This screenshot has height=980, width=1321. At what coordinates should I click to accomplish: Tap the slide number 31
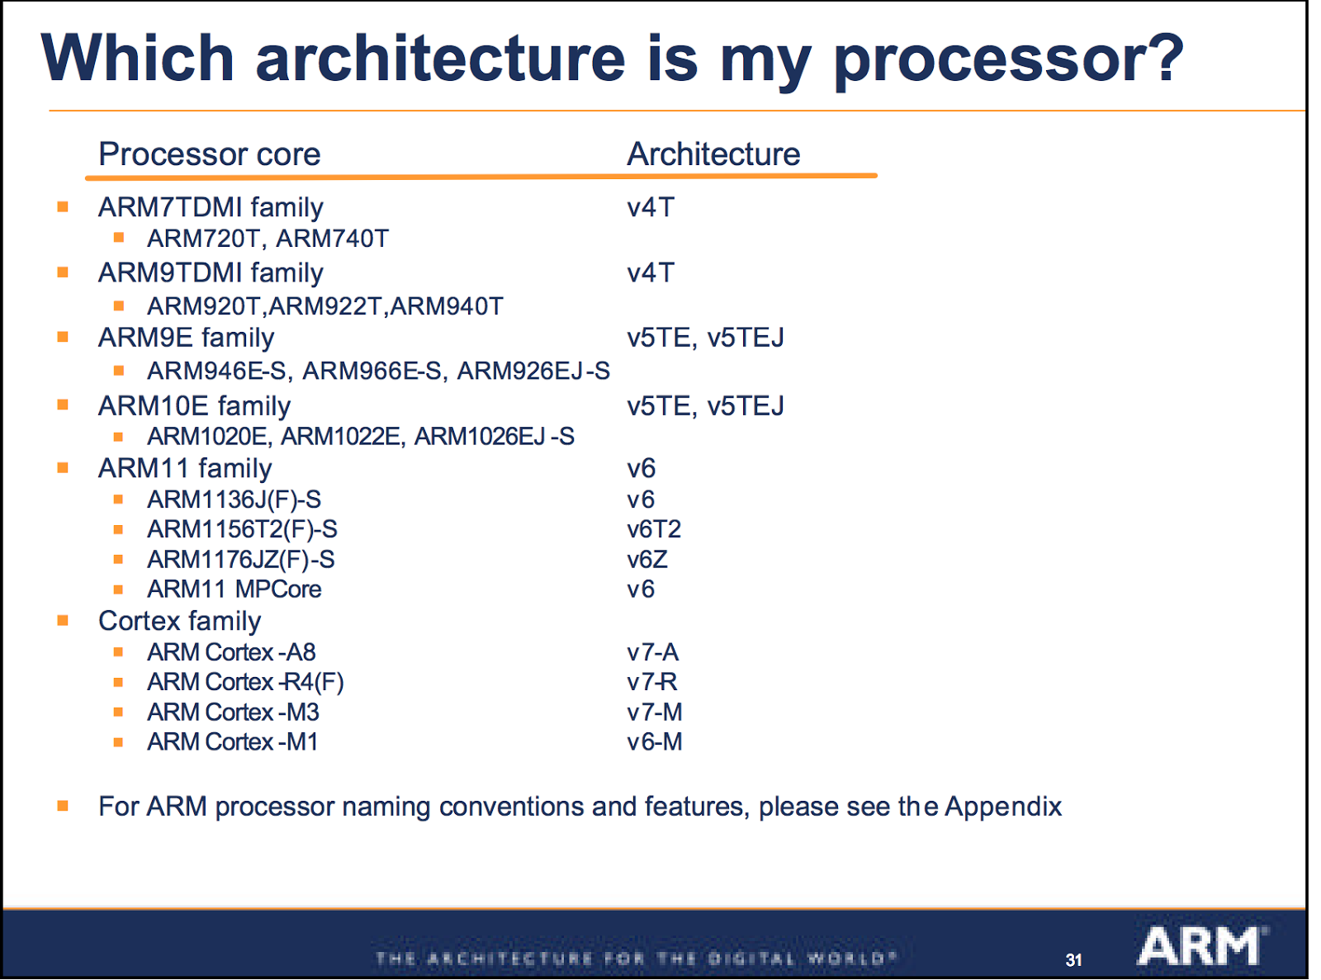1073,960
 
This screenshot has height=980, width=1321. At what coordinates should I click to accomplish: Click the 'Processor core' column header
209,154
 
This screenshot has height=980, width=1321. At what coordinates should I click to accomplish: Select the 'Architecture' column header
713,154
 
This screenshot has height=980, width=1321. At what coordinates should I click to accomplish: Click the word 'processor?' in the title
1008,59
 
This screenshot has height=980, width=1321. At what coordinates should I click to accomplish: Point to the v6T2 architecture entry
654,529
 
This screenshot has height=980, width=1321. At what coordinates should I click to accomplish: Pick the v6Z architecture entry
647,560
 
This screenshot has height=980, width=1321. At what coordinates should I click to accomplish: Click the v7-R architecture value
652,682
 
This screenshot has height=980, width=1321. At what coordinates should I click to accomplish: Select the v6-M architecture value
655,742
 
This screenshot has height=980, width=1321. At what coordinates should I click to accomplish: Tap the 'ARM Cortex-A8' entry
231,652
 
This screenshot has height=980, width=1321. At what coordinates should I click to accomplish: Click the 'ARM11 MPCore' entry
234,589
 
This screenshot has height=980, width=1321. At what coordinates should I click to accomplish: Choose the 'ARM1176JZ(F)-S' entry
241,560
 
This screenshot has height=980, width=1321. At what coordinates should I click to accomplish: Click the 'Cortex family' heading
179,621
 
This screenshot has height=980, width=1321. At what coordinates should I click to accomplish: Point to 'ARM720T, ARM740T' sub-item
268,239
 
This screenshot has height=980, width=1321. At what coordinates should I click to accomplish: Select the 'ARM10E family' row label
194,406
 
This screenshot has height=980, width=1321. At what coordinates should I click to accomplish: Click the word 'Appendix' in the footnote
1003,807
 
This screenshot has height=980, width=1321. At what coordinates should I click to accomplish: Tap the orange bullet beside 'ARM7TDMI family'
63,206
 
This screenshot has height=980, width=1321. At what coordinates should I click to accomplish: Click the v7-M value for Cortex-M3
655,712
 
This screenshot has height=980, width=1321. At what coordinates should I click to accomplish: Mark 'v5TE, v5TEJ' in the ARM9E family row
705,338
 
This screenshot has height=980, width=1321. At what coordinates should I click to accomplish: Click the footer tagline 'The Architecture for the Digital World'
636,959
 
